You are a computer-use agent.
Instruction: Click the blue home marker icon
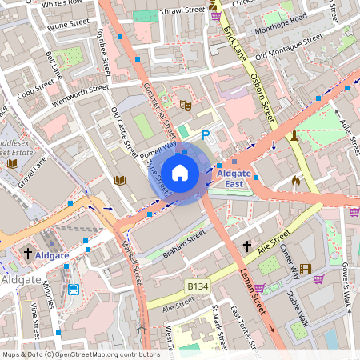point(180,172)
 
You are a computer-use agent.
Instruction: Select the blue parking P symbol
point(206,136)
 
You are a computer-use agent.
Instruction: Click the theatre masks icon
point(185,105)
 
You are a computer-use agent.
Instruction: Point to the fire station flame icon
point(296,182)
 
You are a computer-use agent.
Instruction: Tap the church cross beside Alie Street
point(247,246)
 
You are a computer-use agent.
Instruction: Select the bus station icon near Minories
point(74,289)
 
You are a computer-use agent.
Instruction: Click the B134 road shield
point(198,285)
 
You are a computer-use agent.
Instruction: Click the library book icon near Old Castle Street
point(120,180)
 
